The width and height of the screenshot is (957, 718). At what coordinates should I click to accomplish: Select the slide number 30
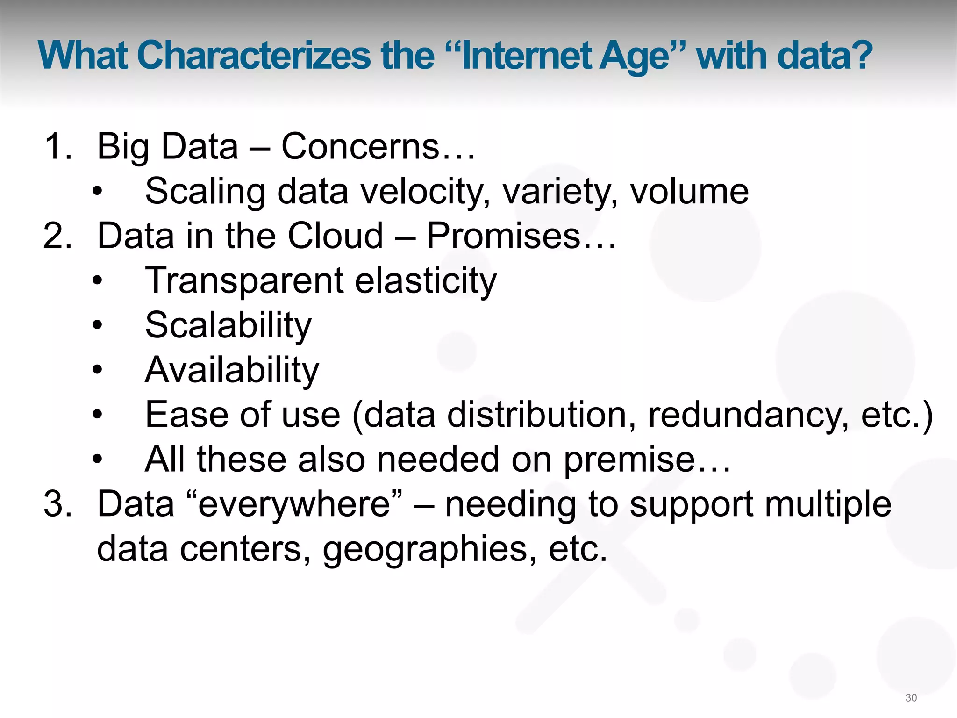[911, 698]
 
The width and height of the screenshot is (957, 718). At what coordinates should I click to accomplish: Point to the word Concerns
[360, 147]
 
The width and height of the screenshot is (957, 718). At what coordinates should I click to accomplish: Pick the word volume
[689, 192]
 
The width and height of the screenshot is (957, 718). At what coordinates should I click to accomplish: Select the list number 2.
[56, 236]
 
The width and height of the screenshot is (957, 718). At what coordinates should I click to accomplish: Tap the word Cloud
[335, 236]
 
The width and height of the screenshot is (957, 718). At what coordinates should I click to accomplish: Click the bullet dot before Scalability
[97, 325]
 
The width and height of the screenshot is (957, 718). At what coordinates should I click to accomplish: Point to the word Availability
[232, 370]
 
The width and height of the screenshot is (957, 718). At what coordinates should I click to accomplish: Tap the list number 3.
[56, 505]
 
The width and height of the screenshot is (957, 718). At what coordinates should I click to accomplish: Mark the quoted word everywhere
[294, 505]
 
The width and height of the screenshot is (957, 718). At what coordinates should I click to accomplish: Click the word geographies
[429, 550]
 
